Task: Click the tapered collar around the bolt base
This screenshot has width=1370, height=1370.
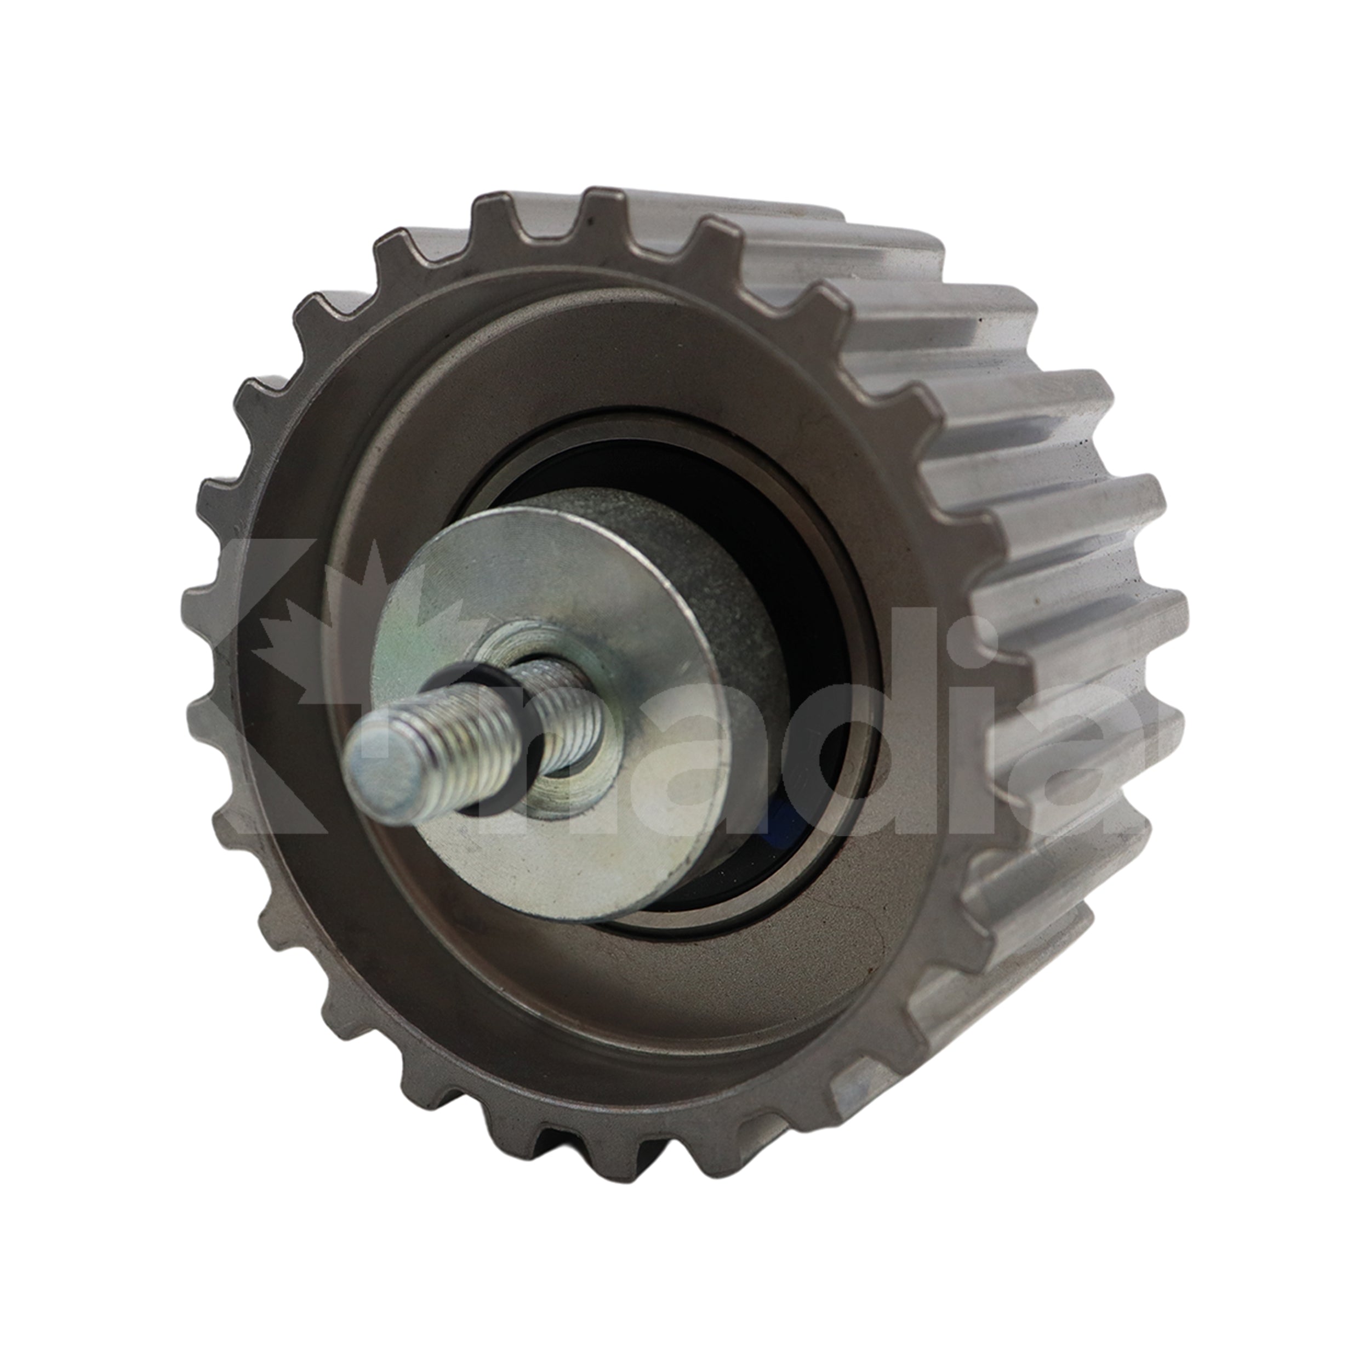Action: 567,773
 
